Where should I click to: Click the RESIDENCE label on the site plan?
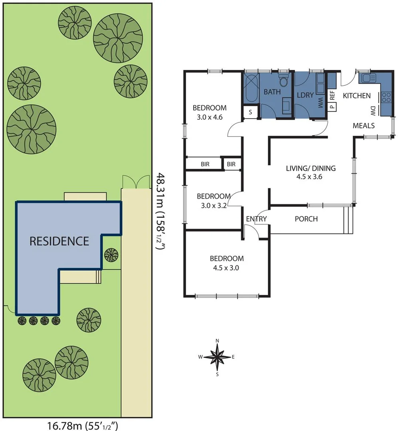coord(60,241)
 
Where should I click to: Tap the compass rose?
coord(217,357)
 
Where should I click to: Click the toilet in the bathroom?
coord(284,82)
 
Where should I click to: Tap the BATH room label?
coord(272,92)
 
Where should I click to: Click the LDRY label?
coord(305,95)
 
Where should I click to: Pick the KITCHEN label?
coord(357,96)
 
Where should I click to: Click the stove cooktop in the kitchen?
coord(386,97)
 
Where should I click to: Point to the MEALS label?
coord(364,126)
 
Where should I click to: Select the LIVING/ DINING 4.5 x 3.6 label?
coord(310,172)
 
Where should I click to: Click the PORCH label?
coord(306,219)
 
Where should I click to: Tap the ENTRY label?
coord(256,219)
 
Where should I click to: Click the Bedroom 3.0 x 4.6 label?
coord(209,112)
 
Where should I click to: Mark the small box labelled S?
coord(251,112)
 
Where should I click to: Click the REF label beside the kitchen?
coord(332,95)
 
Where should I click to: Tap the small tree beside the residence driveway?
coord(111,254)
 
